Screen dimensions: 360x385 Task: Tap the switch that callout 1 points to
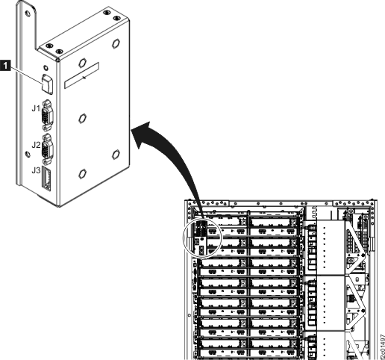pyautogui.click(x=47, y=77)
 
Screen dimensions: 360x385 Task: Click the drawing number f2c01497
pyautogui.click(x=380, y=342)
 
